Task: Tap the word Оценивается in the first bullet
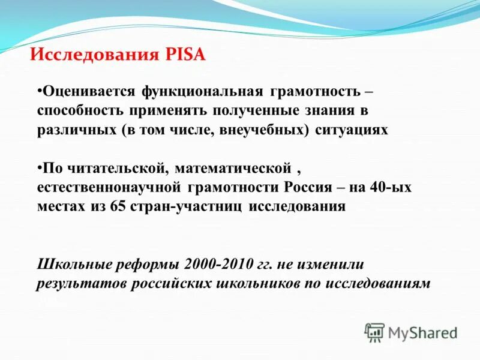pos(88,93)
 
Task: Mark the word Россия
pos(305,187)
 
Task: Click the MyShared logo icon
pos(374,331)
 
